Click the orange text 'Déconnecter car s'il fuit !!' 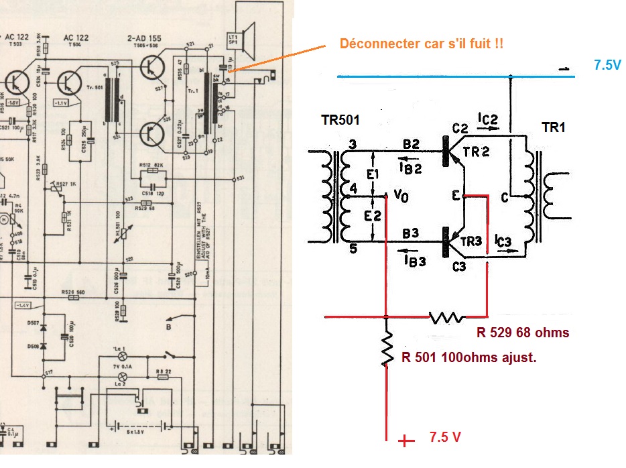tap(422, 44)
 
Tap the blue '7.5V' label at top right tap(607, 66)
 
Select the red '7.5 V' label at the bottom tap(445, 437)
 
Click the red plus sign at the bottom tap(405, 441)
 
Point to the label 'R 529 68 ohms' tap(523, 333)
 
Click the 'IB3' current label tap(416, 261)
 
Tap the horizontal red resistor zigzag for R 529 tap(447, 315)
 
